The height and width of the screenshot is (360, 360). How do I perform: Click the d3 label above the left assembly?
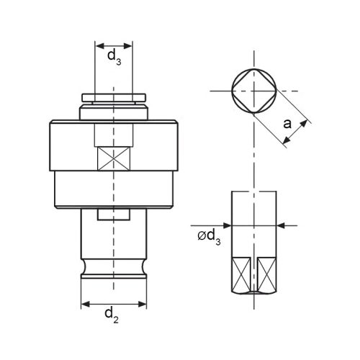click(114, 55)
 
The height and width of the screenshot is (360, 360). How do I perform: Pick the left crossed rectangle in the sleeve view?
click(240, 274)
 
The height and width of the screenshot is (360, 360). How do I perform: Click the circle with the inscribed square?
click(254, 91)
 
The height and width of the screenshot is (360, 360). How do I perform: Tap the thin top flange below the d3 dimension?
click(114, 98)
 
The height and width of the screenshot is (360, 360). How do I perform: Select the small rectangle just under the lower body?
click(114, 214)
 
